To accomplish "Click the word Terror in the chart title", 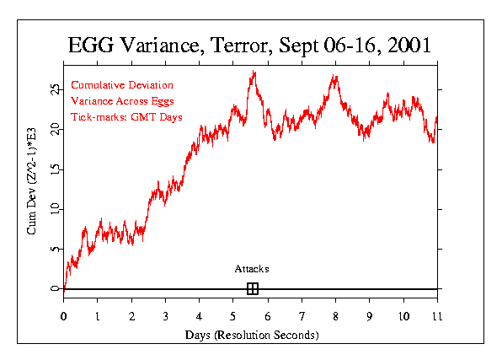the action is (239, 45).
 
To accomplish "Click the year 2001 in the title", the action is (409, 45).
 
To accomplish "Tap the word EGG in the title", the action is (91, 45).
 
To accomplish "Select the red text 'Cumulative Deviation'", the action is (122, 85).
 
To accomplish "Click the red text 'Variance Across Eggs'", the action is (122, 101).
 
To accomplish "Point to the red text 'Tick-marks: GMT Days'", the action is (126, 117).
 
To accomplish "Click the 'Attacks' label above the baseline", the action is (252, 269).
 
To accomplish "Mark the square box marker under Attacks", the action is (253, 289).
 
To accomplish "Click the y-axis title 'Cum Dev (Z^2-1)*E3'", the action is (31, 181).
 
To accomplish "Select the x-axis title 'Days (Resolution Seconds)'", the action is (252, 335).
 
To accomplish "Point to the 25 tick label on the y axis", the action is (56, 89).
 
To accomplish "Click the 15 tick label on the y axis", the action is (56, 169).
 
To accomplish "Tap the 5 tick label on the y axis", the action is (56, 249).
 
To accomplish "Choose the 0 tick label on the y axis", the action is (56, 288).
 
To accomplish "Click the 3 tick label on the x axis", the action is (165, 316).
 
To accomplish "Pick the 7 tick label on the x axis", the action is (302, 316).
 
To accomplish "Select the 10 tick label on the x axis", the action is (403, 316).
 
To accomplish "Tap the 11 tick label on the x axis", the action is (437, 316).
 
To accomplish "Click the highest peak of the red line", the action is (254, 71).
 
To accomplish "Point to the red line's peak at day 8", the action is (334, 75).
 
